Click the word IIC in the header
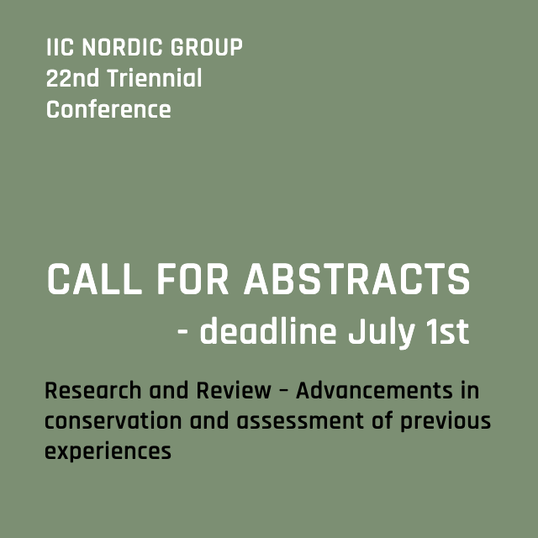[x=58, y=48]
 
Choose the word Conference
[x=108, y=109]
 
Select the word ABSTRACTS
[x=356, y=280]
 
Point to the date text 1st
[x=445, y=332]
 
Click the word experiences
[x=108, y=451]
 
